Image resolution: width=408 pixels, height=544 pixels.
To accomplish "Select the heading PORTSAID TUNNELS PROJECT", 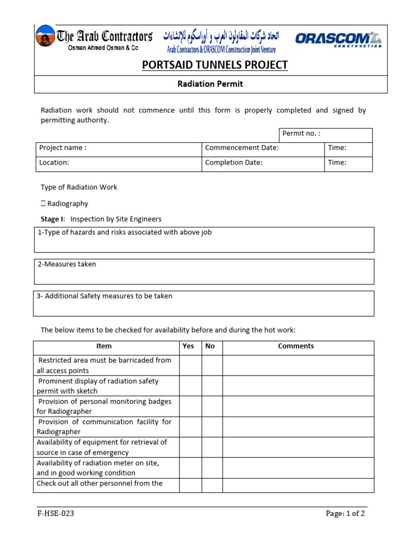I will (215, 65).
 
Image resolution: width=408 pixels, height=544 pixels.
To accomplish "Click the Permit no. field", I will (326, 134).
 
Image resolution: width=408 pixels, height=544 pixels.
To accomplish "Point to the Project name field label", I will (63, 148).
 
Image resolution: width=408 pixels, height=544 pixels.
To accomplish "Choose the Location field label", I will (54, 163).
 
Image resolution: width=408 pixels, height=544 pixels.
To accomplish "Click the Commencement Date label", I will (242, 148).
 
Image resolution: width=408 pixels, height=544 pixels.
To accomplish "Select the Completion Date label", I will (234, 163).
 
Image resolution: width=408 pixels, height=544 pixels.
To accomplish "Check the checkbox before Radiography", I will (43, 203).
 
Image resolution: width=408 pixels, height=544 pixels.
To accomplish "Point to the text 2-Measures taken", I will (66, 265).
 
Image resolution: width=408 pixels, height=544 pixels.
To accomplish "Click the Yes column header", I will (189, 346).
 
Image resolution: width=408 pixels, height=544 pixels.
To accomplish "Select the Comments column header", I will (296, 346).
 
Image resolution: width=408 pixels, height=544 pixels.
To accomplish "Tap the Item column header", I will (104, 346).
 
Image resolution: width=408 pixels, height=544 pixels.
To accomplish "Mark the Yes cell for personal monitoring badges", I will (190, 406).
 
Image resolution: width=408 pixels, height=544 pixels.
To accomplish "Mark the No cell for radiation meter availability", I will (212, 467).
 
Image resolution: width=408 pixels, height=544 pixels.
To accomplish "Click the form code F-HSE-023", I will (52, 514).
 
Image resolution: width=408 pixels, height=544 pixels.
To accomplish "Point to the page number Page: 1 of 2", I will (345, 514).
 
